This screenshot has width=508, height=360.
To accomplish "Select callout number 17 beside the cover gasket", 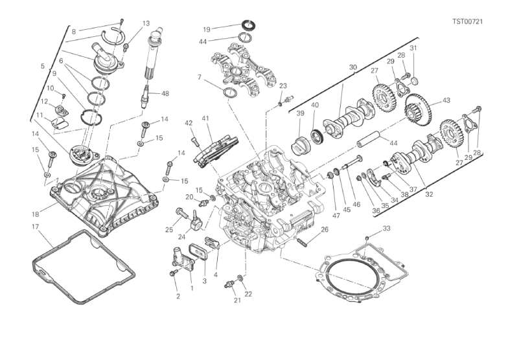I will coord(35,227).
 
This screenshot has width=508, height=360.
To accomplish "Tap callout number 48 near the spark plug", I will coord(165,93).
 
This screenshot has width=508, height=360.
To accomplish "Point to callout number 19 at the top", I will coord(207,29).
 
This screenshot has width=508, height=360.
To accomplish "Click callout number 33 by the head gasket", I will coord(387,229).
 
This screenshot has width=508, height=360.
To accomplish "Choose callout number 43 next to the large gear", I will coord(446,100).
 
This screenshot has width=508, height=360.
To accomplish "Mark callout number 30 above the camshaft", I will coord(352,67).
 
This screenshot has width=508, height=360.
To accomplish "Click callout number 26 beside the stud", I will coord(325,229).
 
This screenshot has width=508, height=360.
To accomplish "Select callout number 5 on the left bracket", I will coord(42,66).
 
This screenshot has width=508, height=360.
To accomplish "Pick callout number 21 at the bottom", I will coord(237,300).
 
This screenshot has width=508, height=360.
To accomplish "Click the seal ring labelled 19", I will coord(248,25).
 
